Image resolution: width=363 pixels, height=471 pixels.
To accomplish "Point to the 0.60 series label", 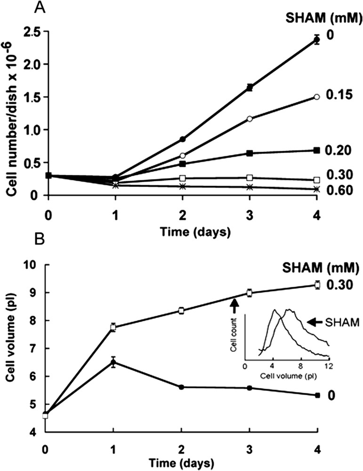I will point(338,190).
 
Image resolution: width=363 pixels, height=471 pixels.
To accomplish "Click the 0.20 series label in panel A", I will point(338,150).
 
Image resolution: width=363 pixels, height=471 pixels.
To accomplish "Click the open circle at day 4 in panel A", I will point(317,97).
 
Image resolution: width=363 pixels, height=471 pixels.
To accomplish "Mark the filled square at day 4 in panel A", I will point(317,150).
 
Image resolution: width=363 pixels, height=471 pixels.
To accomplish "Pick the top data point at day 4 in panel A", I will point(317,40).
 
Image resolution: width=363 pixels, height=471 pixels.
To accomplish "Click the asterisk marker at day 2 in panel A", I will point(183,187).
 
